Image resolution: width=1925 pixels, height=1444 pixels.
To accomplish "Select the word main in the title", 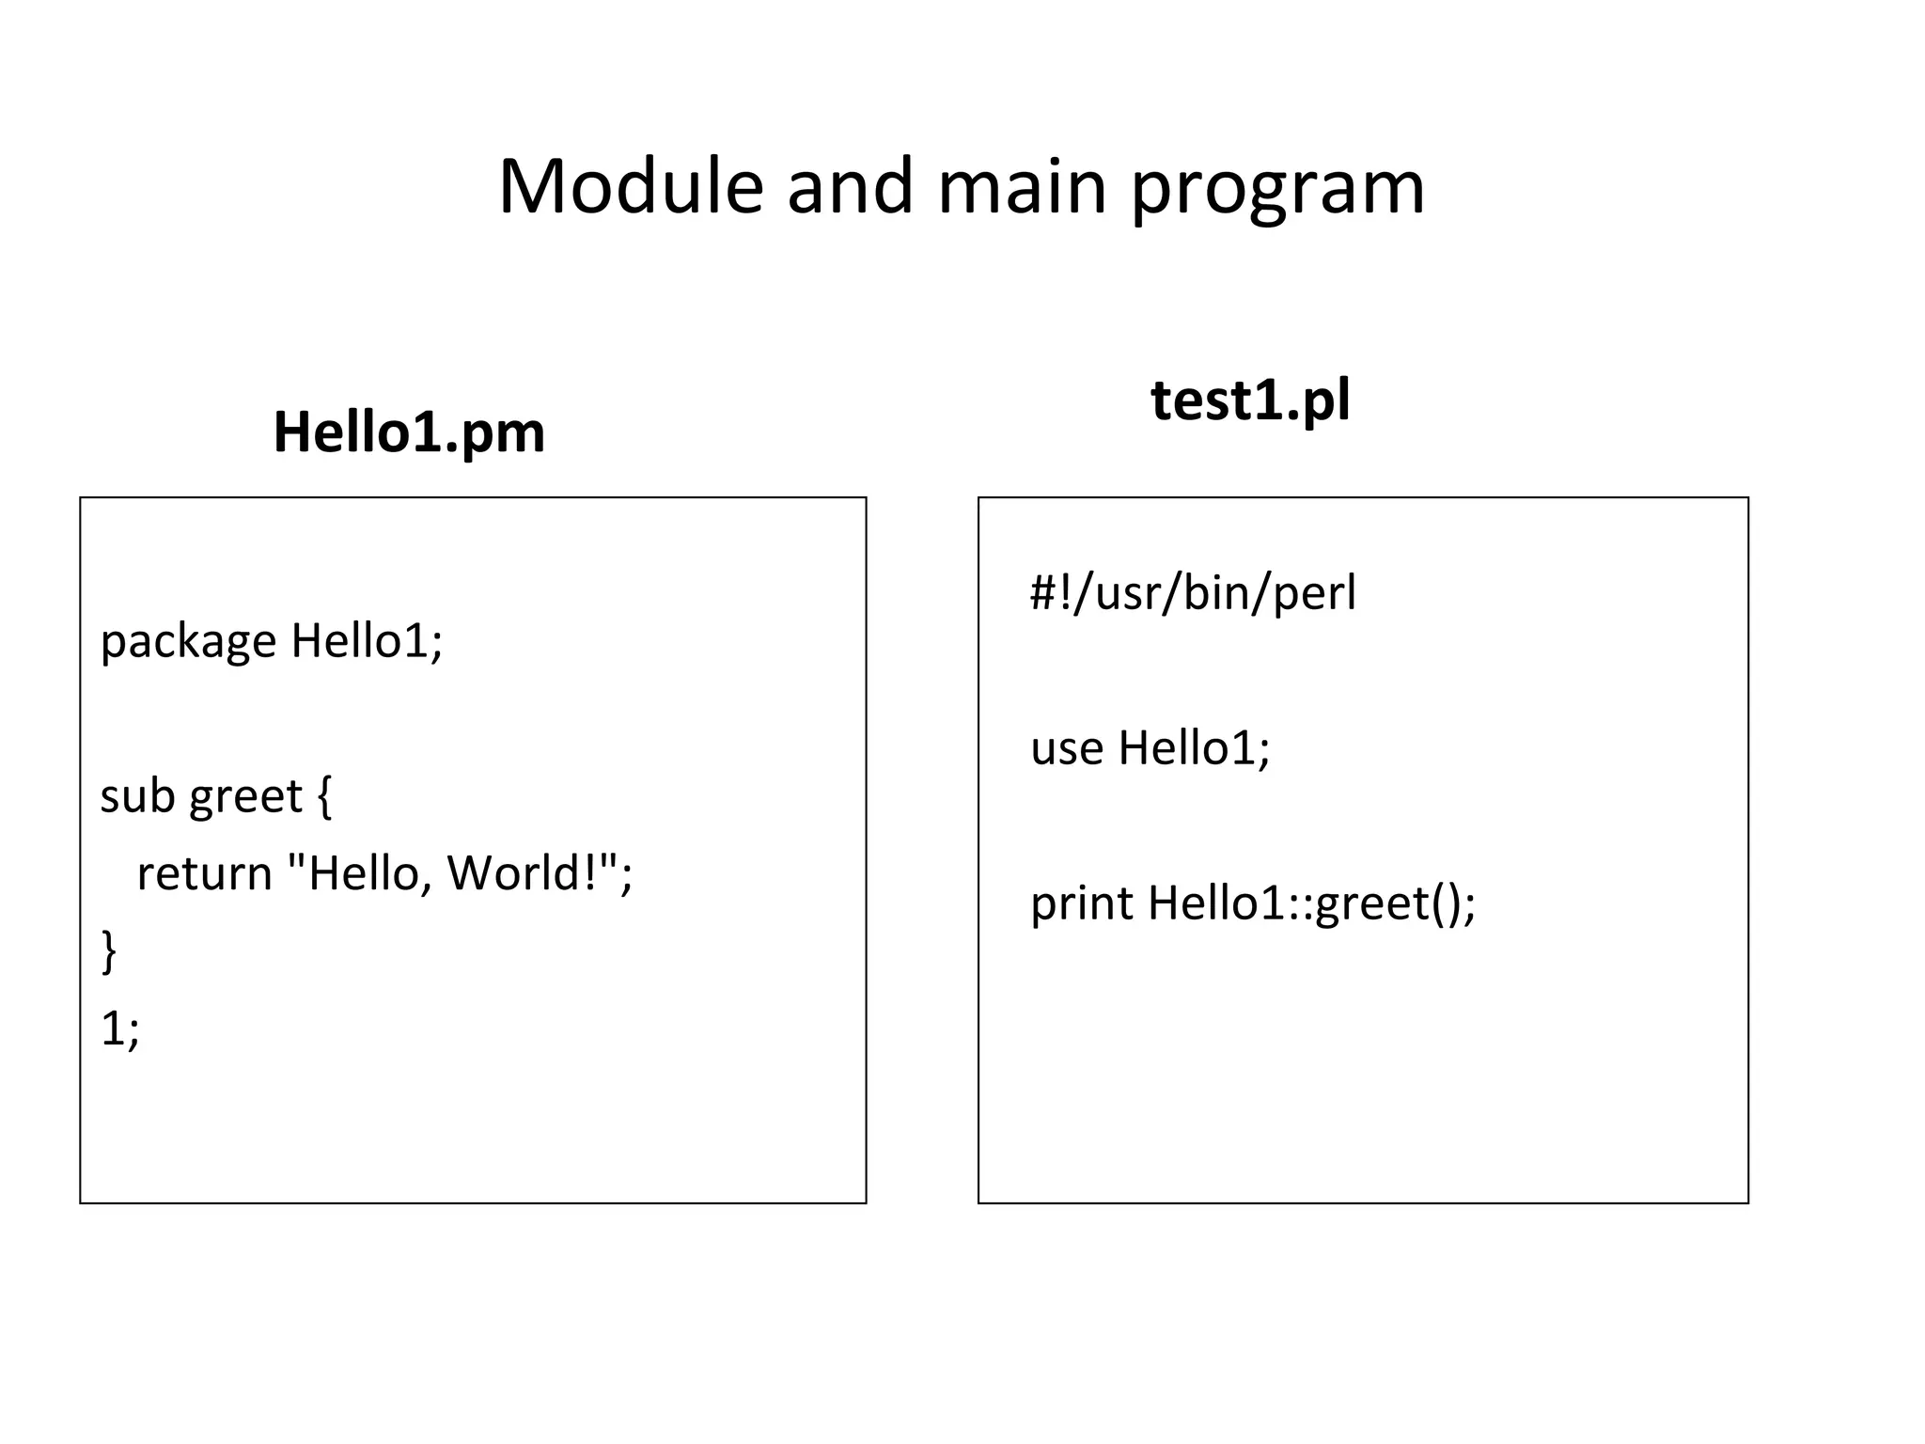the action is point(1023,186).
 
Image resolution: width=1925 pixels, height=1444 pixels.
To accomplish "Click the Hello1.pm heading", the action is point(409,432).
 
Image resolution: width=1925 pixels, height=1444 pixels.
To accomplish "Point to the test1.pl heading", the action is point(1250,400).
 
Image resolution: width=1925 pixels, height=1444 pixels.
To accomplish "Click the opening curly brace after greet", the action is point(324,797).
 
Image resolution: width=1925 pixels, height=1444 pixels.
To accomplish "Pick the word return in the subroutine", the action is point(204,873).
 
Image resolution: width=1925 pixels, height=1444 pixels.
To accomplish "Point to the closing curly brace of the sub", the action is point(109,951).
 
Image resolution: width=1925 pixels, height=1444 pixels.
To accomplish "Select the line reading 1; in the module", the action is point(119,1029).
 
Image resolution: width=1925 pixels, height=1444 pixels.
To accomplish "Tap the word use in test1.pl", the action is point(1066,749).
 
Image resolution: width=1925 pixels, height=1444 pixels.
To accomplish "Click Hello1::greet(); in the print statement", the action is point(1311,904).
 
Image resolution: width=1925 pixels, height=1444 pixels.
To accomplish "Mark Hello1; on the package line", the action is point(367,642).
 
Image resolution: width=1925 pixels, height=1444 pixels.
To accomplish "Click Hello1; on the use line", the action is point(1194,749).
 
